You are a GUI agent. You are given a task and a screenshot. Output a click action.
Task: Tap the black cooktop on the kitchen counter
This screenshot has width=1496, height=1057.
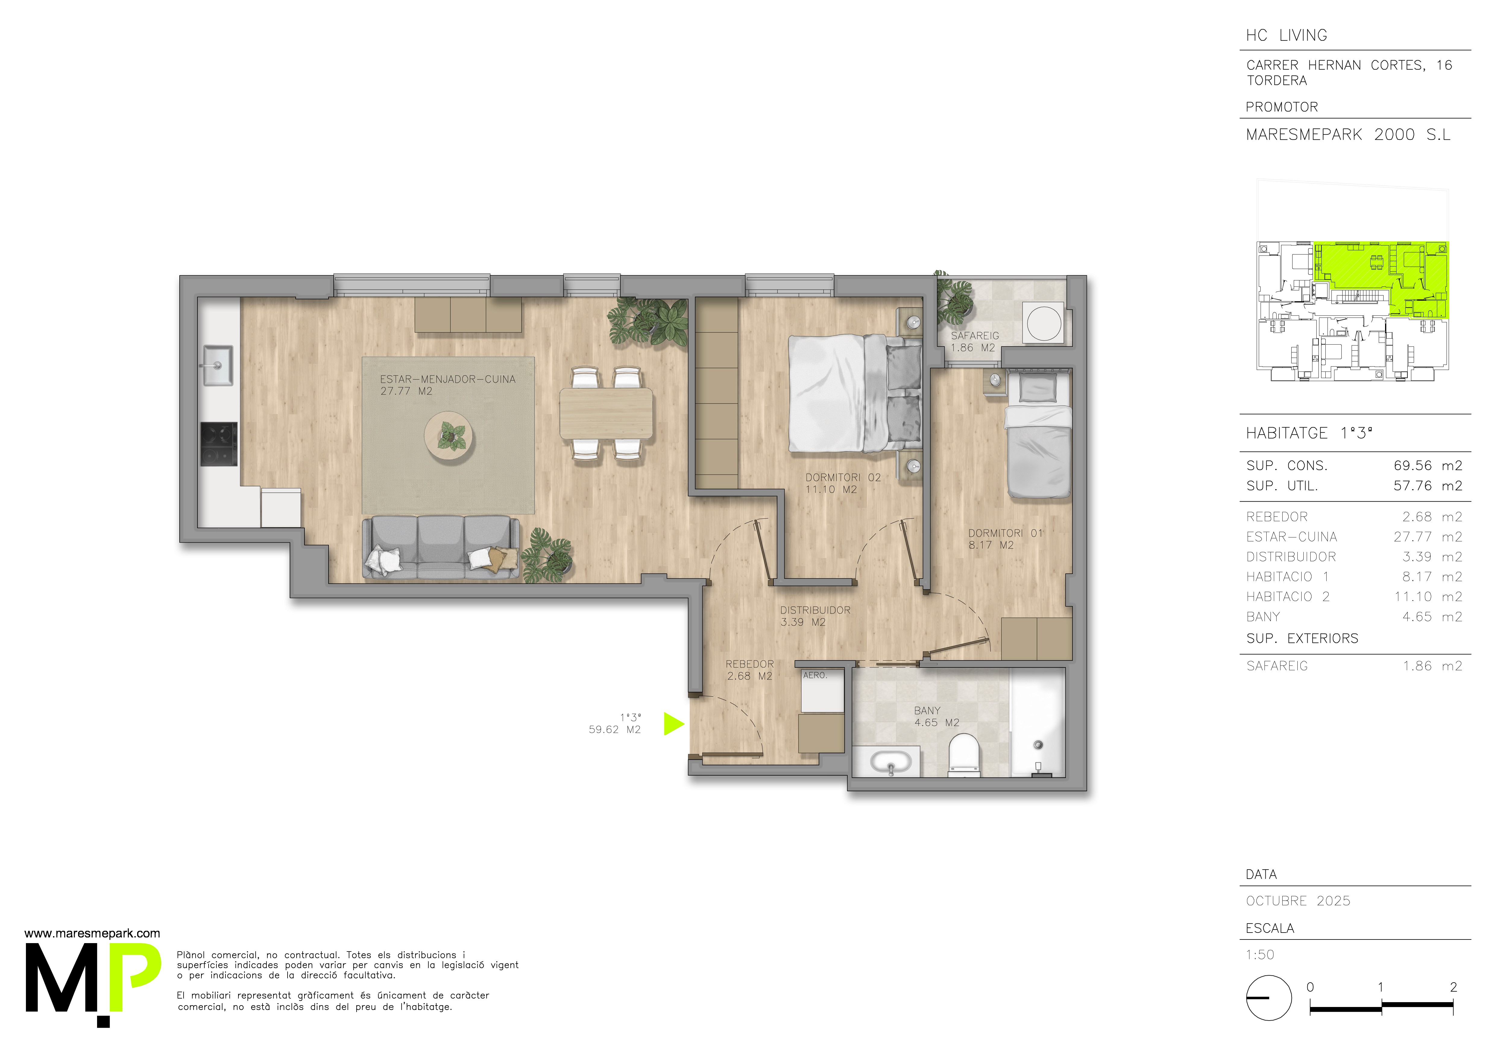tap(218, 444)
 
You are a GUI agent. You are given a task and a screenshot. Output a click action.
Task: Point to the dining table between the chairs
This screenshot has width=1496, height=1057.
tap(606, 413)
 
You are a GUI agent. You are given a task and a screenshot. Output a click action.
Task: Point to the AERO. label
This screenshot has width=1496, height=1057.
tap(815, 675)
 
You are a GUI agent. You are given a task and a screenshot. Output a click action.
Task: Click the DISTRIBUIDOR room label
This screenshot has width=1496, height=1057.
tap(815, 610)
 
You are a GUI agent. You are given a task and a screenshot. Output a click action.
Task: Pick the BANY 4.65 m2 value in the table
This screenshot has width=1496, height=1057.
tap(1432, 617)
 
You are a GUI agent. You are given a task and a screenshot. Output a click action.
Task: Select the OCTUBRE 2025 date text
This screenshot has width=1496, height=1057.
tap(1298, 901)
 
